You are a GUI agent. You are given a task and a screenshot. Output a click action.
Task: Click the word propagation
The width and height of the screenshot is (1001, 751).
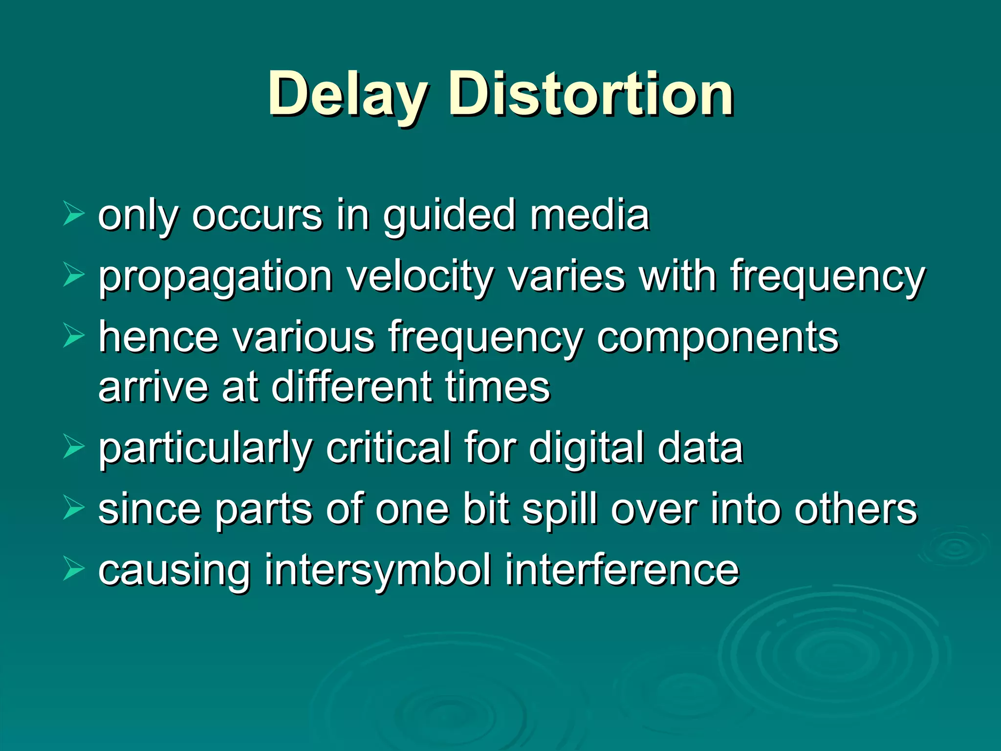click(216, 277)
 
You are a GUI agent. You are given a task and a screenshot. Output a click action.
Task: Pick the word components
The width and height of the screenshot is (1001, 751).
click(717, 338)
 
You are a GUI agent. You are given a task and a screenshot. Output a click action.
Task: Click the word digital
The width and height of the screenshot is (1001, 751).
click(585, 448)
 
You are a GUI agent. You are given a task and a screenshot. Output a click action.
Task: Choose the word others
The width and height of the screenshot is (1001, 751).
click(855, 509)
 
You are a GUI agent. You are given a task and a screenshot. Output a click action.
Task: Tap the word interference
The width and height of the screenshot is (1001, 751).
click(622, 571)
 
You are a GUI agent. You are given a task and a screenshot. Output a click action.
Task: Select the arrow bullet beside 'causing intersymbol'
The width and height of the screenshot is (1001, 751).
click(74, 569)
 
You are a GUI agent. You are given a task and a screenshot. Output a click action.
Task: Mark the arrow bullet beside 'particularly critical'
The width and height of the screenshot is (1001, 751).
click(74, 447)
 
